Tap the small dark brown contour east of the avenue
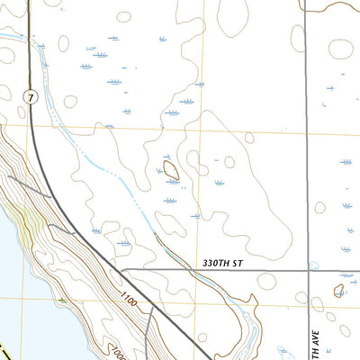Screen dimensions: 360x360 pos(339,291)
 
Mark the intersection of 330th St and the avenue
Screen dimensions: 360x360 pos(308,270)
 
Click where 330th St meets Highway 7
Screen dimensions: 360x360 pos(120,270)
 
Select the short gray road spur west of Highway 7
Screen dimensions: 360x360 pos(31,185)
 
